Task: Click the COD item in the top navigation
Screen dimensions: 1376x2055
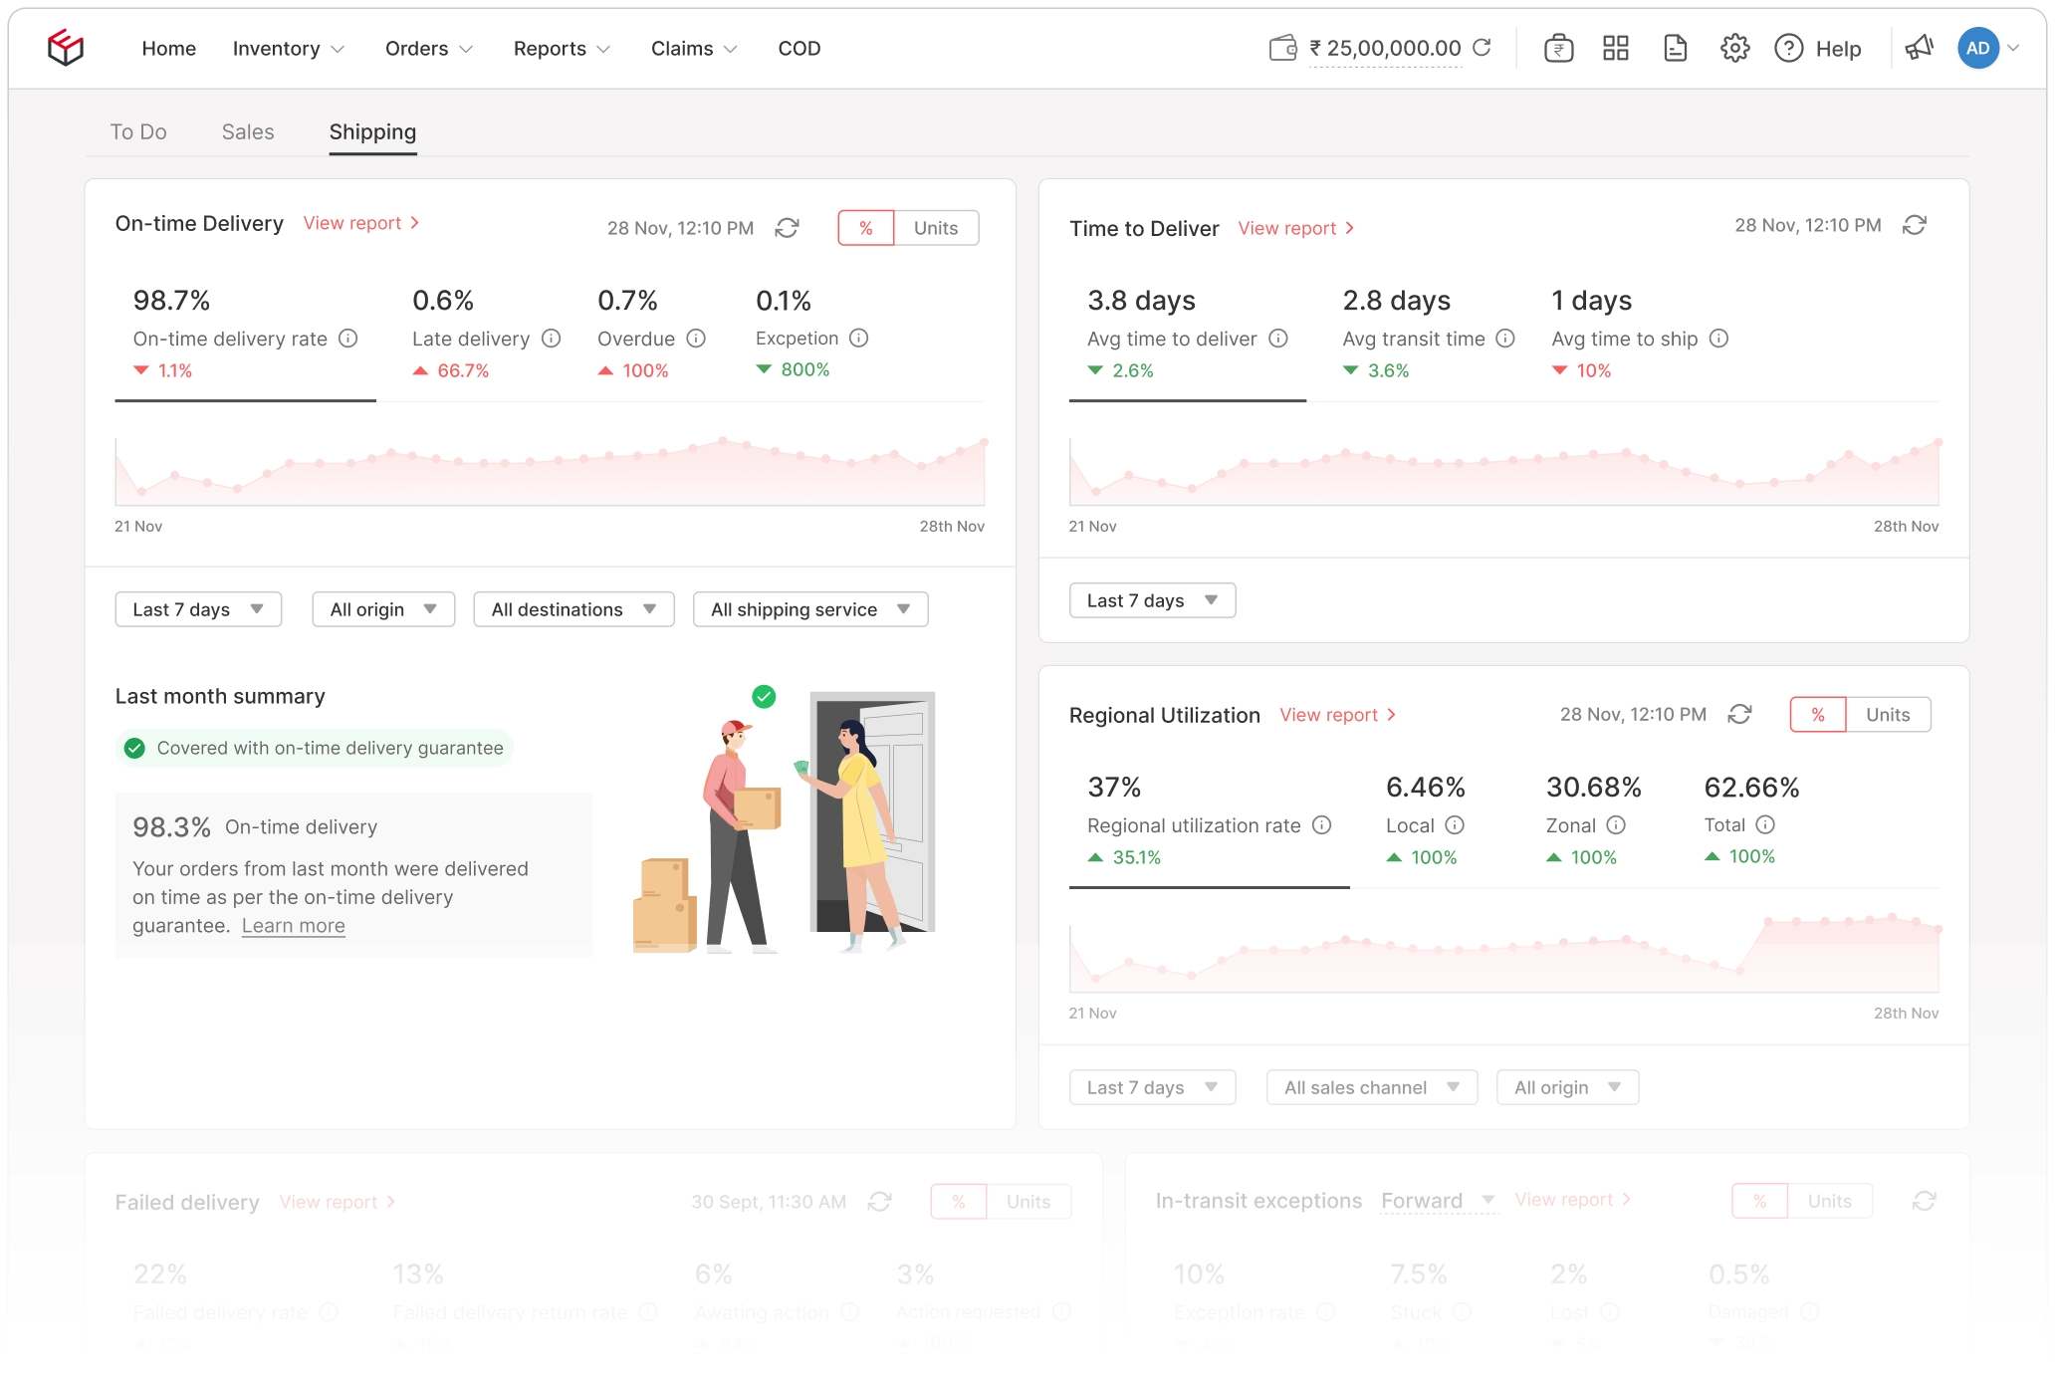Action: pyautogui.click(x=799, y=49)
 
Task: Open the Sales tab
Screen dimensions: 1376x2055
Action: pyautogui.click(x=248, y=132)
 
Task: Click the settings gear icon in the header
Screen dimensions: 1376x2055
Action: pyautogui.click(x=1734, y=48)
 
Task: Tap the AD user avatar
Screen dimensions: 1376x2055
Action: pyautogui.click(x=1977, y=48)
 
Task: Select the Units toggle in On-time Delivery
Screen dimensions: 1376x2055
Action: pyautogui.click(x=935, y=228)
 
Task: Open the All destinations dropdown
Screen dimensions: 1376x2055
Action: pyautogui.click(x=573, y=609)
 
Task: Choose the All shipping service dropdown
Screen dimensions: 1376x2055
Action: pyautogui.click(x=809, y=609)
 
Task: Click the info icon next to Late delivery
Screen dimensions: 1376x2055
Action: pyautogui.click(x=552, y=339)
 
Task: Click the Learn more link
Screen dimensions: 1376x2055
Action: pyautogui.click(x=293, y=926)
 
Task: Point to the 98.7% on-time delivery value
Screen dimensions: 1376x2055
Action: pyautogui.click(x=171, y=301)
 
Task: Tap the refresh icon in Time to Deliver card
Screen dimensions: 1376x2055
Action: pyautogui.click(x=1914, y=225)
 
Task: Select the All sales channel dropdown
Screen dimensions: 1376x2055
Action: pyautogui.click(x=1371, y=1087)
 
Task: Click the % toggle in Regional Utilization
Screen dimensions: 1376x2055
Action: pyautogui.click(x=1817, y=715)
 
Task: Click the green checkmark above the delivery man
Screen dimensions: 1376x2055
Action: pyautogui.click(x=764, y=697)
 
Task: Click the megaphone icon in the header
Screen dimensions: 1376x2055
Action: pyautogui.click(x=1919, y=48)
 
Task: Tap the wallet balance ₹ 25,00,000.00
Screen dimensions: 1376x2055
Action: pyautogui.click(x=1384, y=49)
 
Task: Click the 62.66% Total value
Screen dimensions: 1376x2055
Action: pyautogui.click(x=1751, y=788)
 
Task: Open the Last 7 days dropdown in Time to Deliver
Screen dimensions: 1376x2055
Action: pyautogui.click(x=1152, y=600)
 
